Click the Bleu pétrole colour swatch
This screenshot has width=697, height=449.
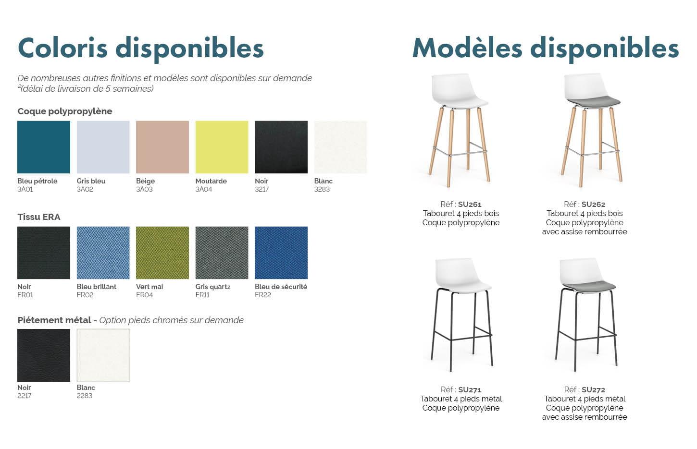click(44, 147)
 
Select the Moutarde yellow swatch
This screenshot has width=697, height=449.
click(222, 147)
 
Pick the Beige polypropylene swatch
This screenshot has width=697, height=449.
click(162, 147)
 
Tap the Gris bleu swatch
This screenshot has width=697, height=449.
click(103, 147)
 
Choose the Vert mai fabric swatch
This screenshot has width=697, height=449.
click(162, 253)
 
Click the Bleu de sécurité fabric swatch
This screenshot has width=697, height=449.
click(281, 253)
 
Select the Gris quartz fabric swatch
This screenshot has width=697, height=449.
click(222, 253)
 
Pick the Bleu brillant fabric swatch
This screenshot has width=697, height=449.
click(103, 253)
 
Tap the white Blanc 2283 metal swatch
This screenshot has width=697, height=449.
click(103, 355)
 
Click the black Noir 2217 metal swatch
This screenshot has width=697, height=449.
click(44, 355)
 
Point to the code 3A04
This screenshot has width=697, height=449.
click(203, 189)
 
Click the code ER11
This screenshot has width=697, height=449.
click(202, 295)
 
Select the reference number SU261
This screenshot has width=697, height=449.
click(470, 204)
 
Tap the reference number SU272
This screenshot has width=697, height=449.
click(593, 389)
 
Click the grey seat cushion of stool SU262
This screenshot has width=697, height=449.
click(593, 101)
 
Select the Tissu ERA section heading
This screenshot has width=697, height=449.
click(39, 217)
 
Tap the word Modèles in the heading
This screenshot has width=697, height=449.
click(467, 48)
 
